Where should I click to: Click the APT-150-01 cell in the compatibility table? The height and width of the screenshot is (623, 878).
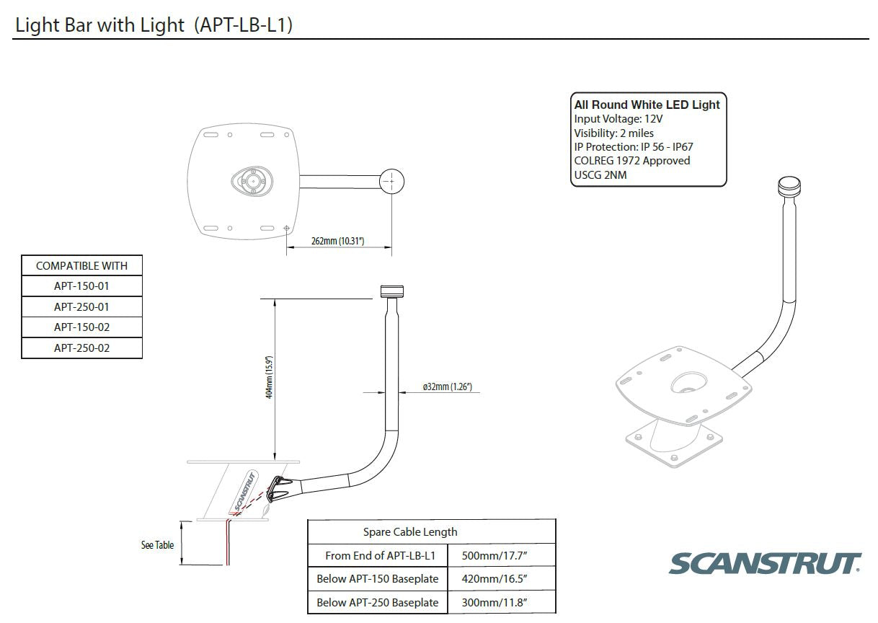pos(81,286)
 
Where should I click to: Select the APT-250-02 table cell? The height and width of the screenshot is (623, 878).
pos(81,348)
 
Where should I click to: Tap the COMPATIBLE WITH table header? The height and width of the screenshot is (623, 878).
pos(81,265)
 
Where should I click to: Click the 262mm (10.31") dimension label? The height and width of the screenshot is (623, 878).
pos(337,241)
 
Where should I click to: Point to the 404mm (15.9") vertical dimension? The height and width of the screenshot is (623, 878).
pos(268,377)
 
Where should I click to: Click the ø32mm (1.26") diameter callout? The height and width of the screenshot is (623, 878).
pos(447,387)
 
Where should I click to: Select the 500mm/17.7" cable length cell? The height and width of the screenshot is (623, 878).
pos(501,555)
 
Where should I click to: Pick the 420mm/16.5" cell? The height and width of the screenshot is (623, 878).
pos(501,579)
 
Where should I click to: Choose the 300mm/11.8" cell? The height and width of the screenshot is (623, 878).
pos(501,602)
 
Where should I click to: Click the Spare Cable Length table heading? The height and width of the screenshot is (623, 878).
pos(409,531)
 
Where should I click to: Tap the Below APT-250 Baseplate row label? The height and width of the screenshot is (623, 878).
pos(377,602)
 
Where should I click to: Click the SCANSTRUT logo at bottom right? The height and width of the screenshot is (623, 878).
pos(765,563)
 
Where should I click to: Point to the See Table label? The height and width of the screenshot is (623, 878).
pos(157,545)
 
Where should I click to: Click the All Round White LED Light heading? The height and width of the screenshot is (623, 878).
pos(647,105)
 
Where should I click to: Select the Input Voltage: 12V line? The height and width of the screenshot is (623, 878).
pos(618,119)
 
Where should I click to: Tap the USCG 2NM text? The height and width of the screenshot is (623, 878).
pos(600,174)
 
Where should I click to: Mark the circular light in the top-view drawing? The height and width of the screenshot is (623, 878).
pos(391,181)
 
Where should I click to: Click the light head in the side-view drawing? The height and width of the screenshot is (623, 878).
pos(393,292)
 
